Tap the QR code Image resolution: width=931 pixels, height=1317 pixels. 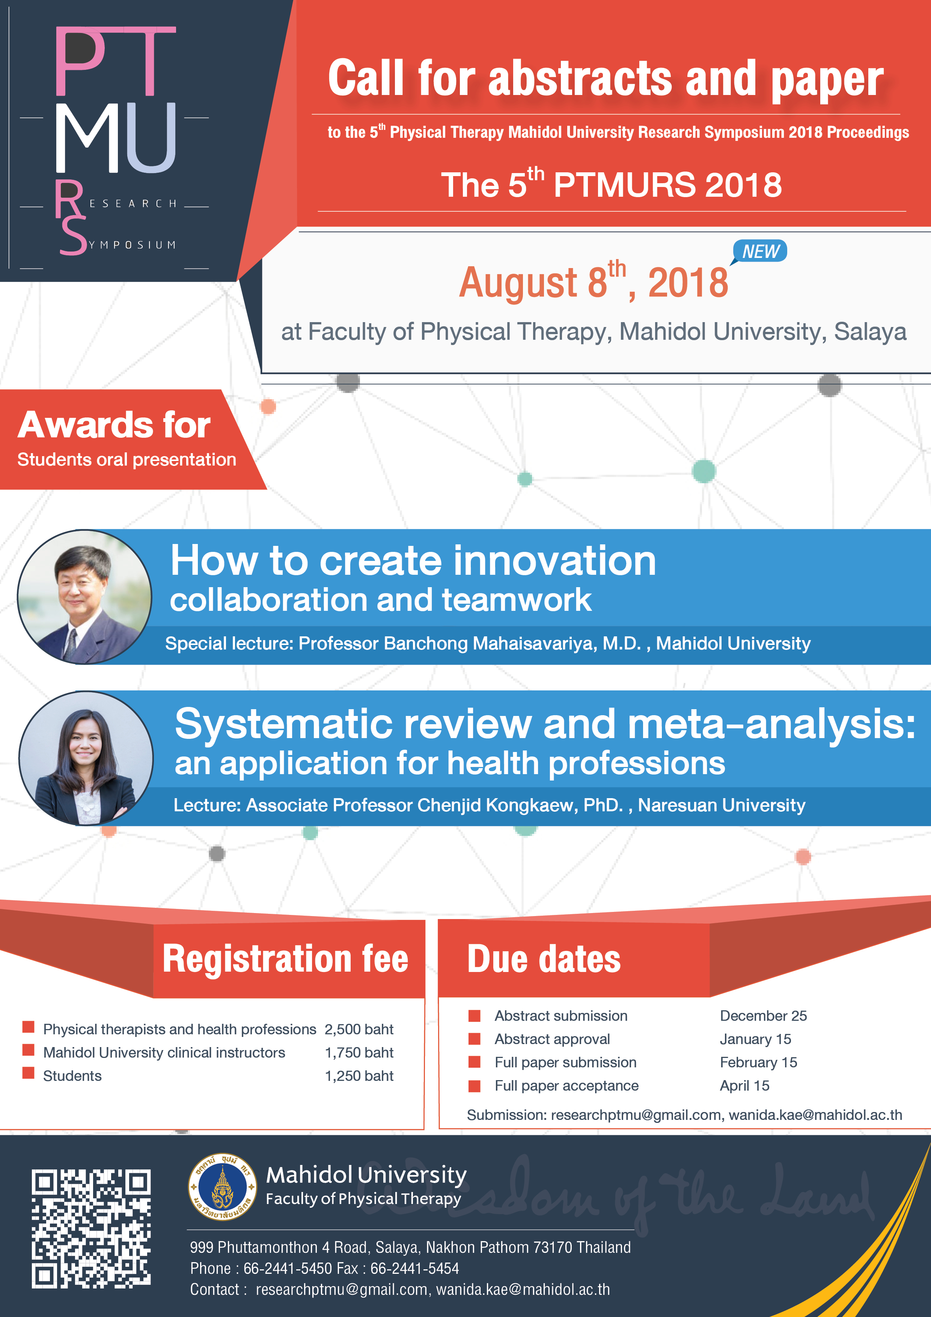coord(91,1228)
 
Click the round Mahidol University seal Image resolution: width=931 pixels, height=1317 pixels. coord(223,1187)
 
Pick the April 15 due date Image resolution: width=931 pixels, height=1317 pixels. coord(744,1085)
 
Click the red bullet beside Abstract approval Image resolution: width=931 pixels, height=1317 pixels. coord(475,1039)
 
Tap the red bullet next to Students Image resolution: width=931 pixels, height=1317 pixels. coord(28,1073)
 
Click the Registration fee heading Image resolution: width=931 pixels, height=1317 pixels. coord(285,959)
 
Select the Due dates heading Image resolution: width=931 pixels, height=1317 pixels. coord(544,959)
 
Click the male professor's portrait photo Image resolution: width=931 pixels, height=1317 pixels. coord(84,597)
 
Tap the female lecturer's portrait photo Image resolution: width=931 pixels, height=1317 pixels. coord(86,758)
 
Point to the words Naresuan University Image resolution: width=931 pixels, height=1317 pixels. coord(722,805)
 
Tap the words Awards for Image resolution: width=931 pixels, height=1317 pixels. coord(114,425)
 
